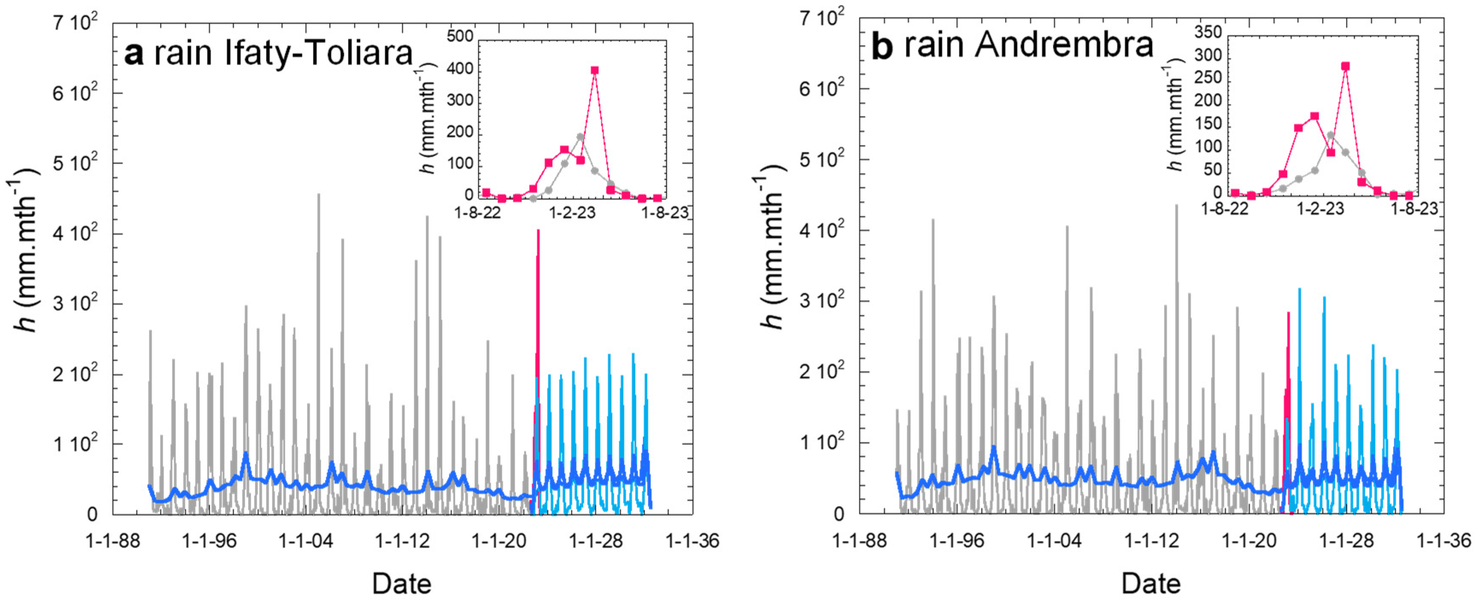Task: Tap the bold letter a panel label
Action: [x=133, y=54]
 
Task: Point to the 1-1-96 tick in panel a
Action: [x=209, y=540]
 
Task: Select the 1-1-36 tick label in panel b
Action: [x=1443, y=540]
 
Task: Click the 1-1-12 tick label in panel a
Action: [x=402, y=540]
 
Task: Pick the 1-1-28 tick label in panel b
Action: [x=1346, y=540]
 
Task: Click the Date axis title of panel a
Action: [x=401, y=584]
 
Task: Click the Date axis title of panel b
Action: [x=1151, y=584]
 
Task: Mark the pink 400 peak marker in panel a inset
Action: [x=595, y=70]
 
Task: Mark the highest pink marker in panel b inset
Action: [x=1345, y=66]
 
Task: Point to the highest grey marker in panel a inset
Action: [x=580, y=137]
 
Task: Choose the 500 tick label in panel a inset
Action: [x=460, y=36]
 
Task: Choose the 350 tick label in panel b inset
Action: [x=1208, y=32]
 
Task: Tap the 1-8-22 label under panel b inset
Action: [x=1225, y=209]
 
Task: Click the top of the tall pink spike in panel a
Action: [x=538, y=231]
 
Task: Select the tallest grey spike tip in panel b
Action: [x=1176, y=205]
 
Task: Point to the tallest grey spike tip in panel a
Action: [x=319, y=195]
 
